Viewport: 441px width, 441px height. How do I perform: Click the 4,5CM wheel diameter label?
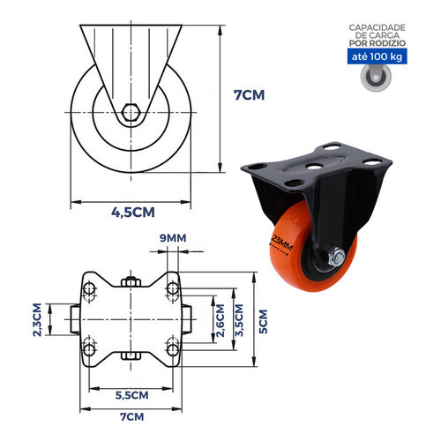[x=133, y=213]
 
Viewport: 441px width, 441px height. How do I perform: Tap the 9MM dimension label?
[x=173, y=238]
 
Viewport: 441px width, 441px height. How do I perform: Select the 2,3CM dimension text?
[x=37, y=319]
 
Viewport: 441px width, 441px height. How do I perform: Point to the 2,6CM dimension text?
[x=220, y=320]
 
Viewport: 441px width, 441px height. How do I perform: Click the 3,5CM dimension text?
[x=239, y=320]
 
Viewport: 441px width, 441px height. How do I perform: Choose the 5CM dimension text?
[x=263, y=321]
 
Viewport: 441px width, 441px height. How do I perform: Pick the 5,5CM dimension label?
[x=131, y=395]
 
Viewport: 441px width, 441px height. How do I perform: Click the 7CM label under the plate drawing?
[x=132, y=417]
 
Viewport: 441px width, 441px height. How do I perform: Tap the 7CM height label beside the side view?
[x=249, y=95]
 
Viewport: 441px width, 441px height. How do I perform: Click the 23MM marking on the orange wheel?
[x=281, y=243]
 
